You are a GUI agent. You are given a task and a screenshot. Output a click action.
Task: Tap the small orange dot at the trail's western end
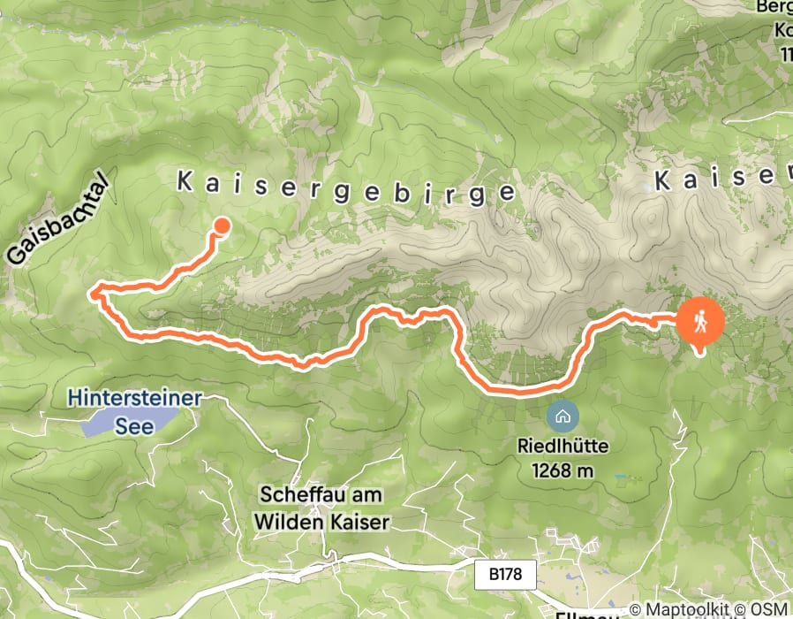222,225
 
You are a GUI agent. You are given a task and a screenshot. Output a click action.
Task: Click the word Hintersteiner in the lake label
133,399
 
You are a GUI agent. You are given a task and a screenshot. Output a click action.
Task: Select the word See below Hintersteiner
139,426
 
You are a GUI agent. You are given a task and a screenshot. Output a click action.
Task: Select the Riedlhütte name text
563,447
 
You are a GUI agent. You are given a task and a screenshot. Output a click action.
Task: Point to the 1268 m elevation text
563,470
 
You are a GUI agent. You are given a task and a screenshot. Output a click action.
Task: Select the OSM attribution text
770,610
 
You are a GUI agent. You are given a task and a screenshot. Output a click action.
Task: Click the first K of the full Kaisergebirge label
185,181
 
